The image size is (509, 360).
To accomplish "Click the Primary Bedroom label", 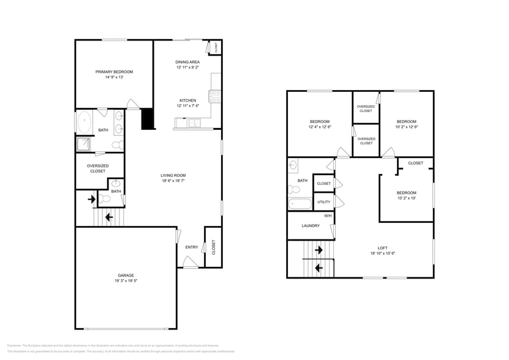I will [114, 72].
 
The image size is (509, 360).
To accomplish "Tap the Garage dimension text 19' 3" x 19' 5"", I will [126, 281].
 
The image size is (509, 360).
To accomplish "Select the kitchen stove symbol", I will [214, 96].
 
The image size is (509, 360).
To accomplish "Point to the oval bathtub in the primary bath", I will [83, 122].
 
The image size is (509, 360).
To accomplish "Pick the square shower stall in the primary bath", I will [83, 144].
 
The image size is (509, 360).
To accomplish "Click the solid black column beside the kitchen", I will [148, 119].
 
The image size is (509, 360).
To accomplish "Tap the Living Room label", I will [173, 175].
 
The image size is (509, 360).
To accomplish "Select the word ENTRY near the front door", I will [192, 247].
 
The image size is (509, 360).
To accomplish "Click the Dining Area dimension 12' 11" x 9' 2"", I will [187, 67].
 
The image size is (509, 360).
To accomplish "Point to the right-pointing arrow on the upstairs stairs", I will [319, 250].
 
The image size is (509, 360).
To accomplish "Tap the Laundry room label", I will [311, 225].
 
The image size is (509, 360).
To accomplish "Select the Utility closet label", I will [323, 201].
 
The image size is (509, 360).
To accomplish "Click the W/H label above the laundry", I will [328, 216].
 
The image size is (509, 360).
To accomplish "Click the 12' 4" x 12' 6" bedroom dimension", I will [320, 127].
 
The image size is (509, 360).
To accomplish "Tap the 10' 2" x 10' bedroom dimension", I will [406, 198].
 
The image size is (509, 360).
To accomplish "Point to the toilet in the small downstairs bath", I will [105, 198].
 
